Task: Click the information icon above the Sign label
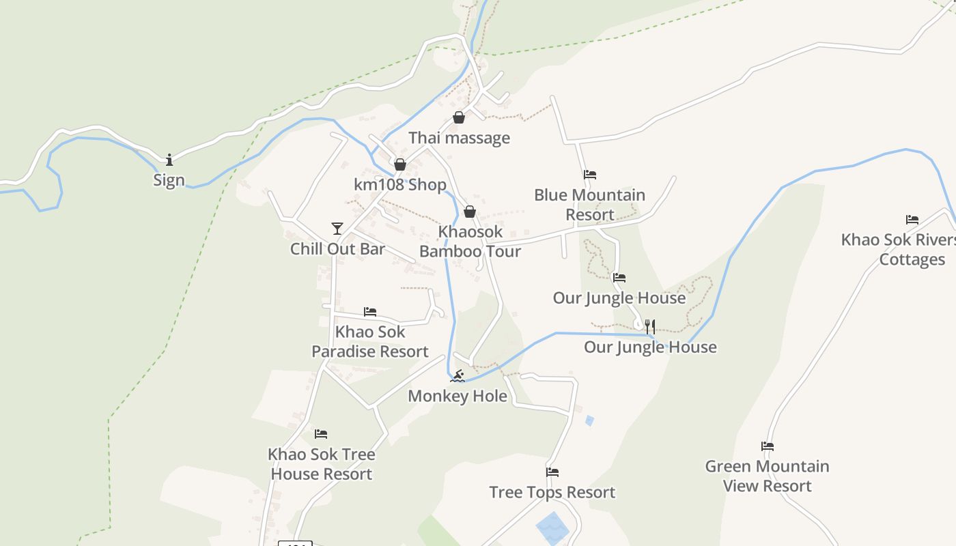(x=169, y=160)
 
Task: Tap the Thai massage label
(x=459, y=138)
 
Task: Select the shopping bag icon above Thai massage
(x=459, y=118)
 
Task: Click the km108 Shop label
(x=400, y=184)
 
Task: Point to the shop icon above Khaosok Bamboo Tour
(x=470, y=212)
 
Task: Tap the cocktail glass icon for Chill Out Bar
(x=337, y=229)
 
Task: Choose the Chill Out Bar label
(x=337, y=248)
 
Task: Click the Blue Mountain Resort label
(x=589, y=205)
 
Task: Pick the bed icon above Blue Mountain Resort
(x=590, y=175)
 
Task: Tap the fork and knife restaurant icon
(x=650, y=327)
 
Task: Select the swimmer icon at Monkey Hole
(x=458, y=376)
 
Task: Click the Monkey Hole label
(x=458, y=396)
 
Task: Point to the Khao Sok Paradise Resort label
(x=370, y=341)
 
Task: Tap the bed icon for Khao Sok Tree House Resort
(x=321, y=434)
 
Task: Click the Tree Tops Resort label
(x=552, y=492)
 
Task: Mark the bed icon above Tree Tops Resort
(x=552, y=472)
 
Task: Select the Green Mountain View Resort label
(x=768, y=476)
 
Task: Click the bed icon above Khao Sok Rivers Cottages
(x=912, y=220)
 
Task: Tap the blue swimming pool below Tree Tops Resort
(x=552, y=528)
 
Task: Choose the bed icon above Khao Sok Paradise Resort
(x=370, y=312)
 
